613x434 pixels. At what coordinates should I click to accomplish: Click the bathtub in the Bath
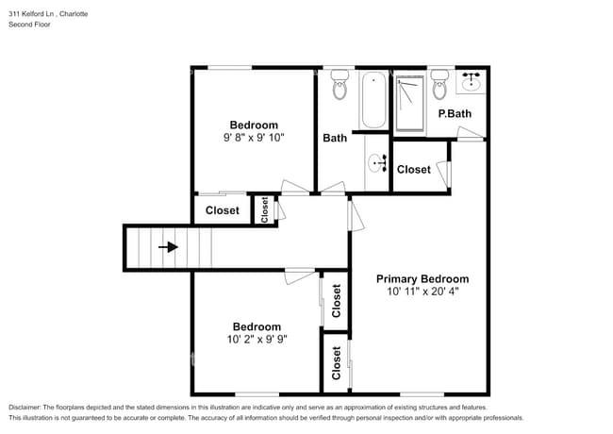click(x=373, y=101)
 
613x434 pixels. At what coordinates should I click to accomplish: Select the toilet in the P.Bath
click(x=439, y=89)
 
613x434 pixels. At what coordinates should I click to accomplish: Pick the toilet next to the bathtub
click(x=340, y=88)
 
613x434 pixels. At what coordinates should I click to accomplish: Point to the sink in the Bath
click(x=379, y=163)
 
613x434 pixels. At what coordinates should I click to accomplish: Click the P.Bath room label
click(x=455, y=114)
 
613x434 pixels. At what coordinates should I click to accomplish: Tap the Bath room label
click(x=335, y=138)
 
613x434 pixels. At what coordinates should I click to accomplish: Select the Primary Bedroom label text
click(x=422, y=278)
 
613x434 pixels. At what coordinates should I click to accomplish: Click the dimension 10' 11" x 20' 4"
click(x=422, y=292)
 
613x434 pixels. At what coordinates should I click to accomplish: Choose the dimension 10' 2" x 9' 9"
click(x=257, y=340)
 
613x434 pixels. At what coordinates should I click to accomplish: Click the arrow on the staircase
click(x=169, y=247)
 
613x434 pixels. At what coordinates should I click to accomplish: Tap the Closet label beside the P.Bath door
click(x=413, y=170)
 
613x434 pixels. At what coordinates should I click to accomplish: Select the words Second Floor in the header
click(x=30, y=25)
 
